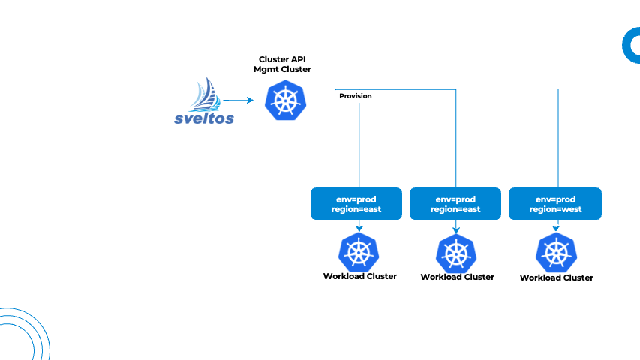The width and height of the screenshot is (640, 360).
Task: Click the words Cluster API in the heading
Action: pyautogui.click(x=282, y=58)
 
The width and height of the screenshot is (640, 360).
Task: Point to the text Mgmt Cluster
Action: pyautogui.click(x=282, y=69)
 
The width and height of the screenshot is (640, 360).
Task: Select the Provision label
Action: pyautogui.click(x=355, y=96)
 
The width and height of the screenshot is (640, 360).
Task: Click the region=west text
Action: pyautogui.click(x=555, y=210)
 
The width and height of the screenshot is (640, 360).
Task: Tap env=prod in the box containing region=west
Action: pyautogui.click(x=555, y=199)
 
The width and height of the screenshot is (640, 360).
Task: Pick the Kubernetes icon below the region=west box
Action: pyautogui.click(x=556, y=253)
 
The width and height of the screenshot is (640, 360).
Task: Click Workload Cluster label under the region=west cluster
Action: pyautogui.click(x=556, y=277)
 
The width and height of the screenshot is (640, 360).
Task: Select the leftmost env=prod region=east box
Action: pyautogui.click(x=356, y=204)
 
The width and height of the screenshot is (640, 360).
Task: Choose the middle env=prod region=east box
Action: pyautogui.click(x=455, y=204)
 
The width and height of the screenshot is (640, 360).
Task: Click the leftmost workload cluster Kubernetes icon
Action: pyautogui.click(x=359, y=252)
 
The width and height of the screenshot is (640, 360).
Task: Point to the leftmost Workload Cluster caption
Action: pyautogui.click(x=359, y=276)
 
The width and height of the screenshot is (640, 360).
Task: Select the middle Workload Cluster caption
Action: pyautogui.click(x=457, y=277)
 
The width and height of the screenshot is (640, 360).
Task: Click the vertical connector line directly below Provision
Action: pyautogui.click(x=359, y=142)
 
